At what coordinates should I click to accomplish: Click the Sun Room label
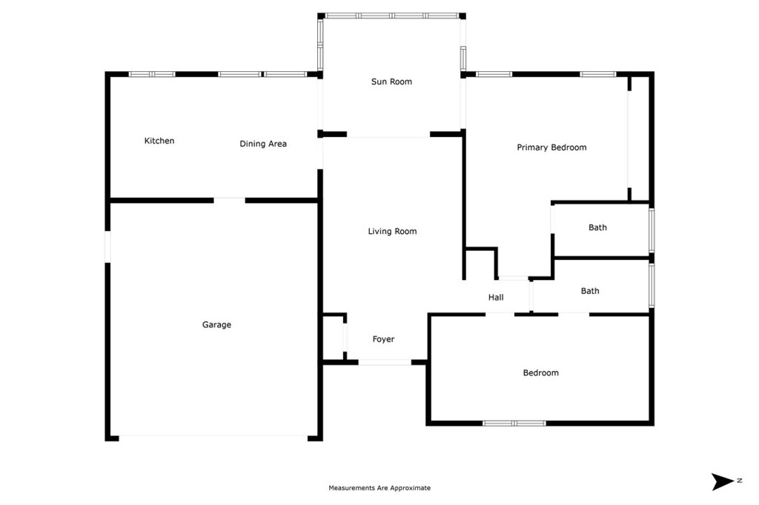[x=391, y=81]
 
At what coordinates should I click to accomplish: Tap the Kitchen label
[x=159, y=141]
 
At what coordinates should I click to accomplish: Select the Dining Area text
[x=263, y=144]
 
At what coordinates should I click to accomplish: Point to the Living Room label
[x=392, y=232]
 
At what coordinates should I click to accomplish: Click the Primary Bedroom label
[x=551, y=147]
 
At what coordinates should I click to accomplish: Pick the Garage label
[x=216, y=324]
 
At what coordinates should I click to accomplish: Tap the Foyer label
[x=383, y=339]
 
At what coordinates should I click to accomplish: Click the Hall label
[x=496, y=298]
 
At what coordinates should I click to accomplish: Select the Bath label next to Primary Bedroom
[x=597, y=227]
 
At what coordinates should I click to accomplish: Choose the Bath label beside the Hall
[x=590, y=291]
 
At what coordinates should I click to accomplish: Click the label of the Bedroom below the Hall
[x=540, y=373]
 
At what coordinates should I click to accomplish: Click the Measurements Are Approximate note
[x=379, y=488]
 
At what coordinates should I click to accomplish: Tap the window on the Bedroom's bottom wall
[x=514, y=424]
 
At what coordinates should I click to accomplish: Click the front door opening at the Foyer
[x=385, y=362]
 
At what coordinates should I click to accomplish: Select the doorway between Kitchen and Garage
[x=230, y=199]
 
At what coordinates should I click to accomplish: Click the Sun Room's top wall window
[x=391, y=16]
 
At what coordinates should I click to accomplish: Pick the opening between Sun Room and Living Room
[x=388, y=136]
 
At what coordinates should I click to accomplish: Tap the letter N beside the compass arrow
[x=740, y=481]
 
